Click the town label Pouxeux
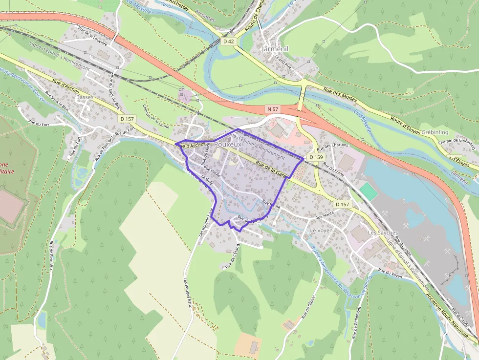228,145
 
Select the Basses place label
85,97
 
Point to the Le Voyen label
321,230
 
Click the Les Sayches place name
383,233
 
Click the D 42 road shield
228,42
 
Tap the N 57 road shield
272,107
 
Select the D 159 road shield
316,157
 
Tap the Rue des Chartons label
333,145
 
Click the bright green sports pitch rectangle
369,191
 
